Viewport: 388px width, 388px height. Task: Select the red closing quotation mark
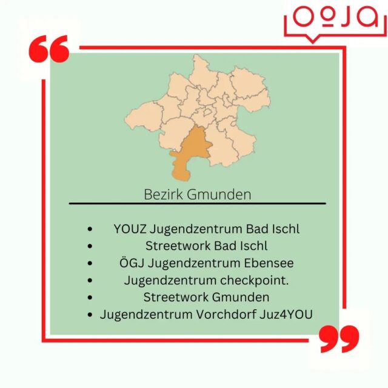pyautogui.click(x=339, y=339)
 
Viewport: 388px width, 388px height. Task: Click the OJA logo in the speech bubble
pyautogui.click(x=335, y=18)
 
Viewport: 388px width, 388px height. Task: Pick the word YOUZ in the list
pyautogui.click(x=129, y=229)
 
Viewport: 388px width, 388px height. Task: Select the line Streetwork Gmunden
pyautogui.click(x=206, y=297)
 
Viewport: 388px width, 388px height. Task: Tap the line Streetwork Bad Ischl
pyautogui.click(x=206, y=246)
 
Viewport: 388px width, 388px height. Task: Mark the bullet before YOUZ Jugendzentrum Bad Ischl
pyautogui.click(x=90, y=230)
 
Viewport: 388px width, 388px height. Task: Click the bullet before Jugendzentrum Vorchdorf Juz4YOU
pyautogui.click(x=90, y=315)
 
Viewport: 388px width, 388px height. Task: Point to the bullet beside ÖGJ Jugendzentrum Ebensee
pyautogui.click(x=90, y=264)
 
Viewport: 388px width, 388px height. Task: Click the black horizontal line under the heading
pyautogui.click(x=197, y=203)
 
